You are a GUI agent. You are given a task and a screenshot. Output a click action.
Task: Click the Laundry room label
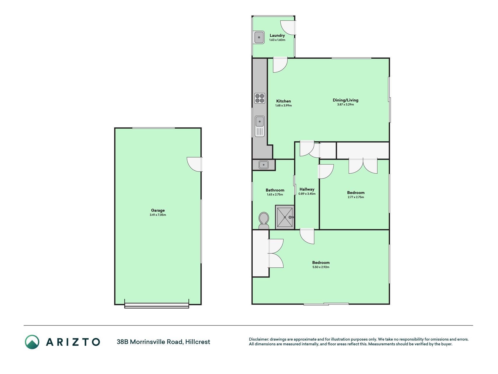pyautogui.click(x=277, y=35)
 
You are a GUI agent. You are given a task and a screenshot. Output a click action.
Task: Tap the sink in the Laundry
pyautogui.click(x=259, y=37)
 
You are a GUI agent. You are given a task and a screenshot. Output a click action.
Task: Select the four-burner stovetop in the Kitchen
pyautogui.click(x=260, y=98)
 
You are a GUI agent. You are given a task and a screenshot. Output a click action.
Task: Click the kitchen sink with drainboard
pyautogui.click(x=260, y=126)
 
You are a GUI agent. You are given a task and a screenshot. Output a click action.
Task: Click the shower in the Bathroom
pyautogui.click(x=284, y=217)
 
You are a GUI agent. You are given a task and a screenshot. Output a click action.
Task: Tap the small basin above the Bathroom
pyautogui.click(x=263, y=165)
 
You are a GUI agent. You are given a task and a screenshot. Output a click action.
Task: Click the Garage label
pyautogui.click(x=158, y=210)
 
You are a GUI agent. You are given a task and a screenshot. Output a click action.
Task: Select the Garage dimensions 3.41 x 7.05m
pyautogui.click(x=158, y=215)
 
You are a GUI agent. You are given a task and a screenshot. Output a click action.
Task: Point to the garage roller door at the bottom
pyautogui.click(x=157, y=305)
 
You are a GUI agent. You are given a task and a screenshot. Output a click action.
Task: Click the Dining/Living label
pyautogui.click(x=345, y=100)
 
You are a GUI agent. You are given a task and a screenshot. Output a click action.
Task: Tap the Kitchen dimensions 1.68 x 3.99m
pyautogui.click(x=284, y=105)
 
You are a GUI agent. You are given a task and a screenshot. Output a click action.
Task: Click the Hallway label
pyautogui.click(x=307, y=189)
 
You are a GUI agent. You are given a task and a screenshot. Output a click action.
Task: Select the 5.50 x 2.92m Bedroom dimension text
pyautogui.click(x=321, y=267)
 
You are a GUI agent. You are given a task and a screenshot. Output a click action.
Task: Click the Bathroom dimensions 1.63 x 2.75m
pyautogui.click(x=275, y=195)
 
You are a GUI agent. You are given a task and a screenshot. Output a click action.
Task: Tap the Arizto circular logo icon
pyautogui.click(x=32, y=342)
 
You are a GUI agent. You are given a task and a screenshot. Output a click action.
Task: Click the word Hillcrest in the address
pyautogui.click(x=198, y=342)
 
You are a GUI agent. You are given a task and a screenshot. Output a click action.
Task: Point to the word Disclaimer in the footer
pyautogui.click(x=259, y=339)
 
